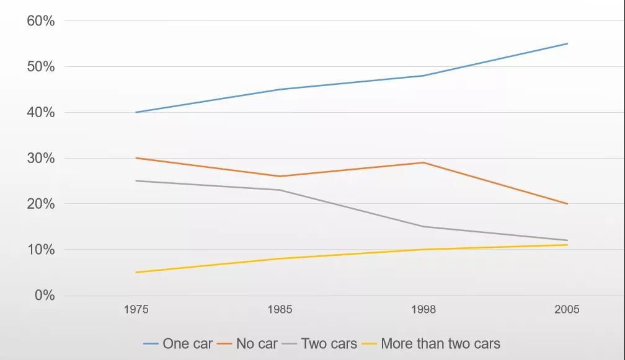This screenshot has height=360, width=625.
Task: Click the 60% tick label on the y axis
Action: (x=41, y=20)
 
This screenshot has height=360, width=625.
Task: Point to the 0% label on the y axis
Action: (x=45, y=295)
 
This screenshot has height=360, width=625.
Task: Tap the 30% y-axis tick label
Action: (x=41, y=158)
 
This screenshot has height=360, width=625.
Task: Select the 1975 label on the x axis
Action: (x=136, y=309)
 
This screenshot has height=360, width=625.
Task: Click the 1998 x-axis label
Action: (x=423, y=309)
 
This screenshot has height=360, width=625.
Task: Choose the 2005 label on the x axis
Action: (x=567, y=309)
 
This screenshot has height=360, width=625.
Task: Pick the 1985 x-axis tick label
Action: (x=280, y=309)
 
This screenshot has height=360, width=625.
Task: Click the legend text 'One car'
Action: (x=187, y=343)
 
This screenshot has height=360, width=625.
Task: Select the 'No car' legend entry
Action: (x=257, y=343)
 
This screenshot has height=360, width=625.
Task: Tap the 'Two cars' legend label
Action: (x=329, y=343)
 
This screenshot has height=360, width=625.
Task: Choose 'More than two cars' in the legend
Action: (x=440, y=343)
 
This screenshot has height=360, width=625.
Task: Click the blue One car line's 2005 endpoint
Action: (x=567, y=43)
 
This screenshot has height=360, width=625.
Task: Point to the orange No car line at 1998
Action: (x=423, y=162)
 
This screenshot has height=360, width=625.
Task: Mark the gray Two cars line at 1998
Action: (x=423, y=227)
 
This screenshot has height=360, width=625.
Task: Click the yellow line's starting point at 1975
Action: (x=136, y=273)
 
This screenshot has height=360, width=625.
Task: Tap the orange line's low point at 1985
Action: (x=280, y=177)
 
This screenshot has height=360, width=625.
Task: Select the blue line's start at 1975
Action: (x=136, y=112)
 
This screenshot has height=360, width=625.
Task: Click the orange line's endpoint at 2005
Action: (x=567, y=204)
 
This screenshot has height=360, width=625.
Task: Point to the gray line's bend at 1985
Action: (x=280, y=190)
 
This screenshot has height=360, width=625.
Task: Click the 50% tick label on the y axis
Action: (x=41, y=66)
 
